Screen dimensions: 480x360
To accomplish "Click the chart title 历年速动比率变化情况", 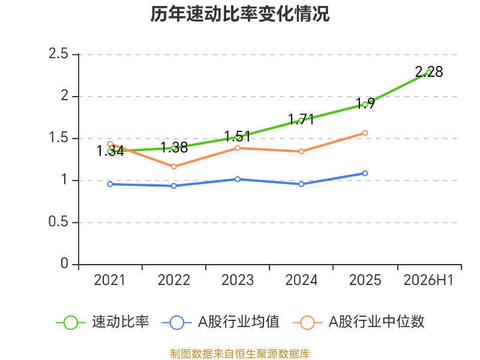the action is (239, 14).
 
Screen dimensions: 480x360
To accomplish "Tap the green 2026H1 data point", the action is (429, 73).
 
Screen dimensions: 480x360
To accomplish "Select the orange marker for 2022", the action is (174, 167).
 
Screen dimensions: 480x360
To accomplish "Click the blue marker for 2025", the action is (365, 173).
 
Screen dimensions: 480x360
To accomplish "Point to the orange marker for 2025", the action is (365, 133).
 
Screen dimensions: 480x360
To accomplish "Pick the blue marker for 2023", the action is (238, 179).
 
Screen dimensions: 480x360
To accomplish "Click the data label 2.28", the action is (429, 72).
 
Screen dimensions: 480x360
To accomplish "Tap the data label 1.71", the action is (301, 119).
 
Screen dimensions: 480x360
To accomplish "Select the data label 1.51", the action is (238, 136).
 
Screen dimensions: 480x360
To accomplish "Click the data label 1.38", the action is (174, 148).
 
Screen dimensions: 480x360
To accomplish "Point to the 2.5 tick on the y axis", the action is (58, 54).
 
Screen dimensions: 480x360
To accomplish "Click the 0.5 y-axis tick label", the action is (58, 222).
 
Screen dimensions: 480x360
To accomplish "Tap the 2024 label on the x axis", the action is (301, 280).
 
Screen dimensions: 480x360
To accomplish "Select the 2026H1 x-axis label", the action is (428, 280).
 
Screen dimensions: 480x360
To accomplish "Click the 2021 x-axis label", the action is (110, 280).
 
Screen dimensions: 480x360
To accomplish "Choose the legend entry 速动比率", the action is (103, 322).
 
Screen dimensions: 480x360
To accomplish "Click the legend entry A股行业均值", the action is (220, 322).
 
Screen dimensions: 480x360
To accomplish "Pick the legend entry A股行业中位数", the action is (358, 322).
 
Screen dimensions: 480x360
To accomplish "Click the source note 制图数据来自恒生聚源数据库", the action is (240, 354).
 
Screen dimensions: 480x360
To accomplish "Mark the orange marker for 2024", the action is (301, 152).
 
